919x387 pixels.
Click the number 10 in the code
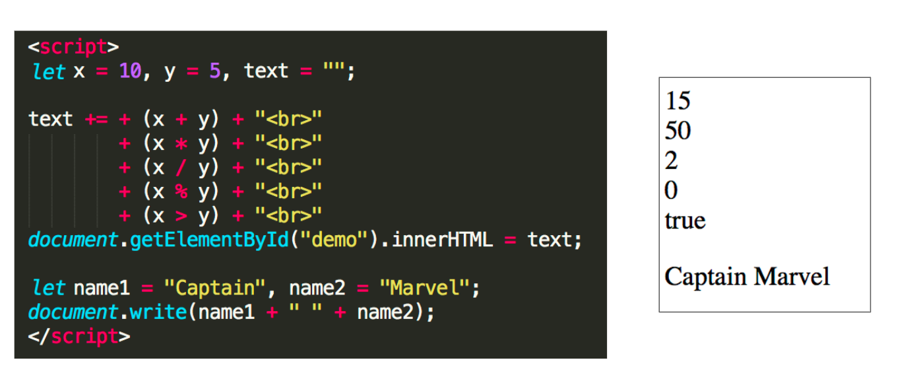pyautogui.click(x=130, y=71)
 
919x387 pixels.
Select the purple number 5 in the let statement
pyautogui.click(x=214, y=71)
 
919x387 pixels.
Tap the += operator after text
pyautogui.click(x=96, y=120)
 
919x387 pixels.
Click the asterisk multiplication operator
pyautogui.click(x=181, y=143)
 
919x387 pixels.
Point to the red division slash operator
pyautogui.click(x=181, y=168)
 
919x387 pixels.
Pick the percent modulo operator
pyautogui.click(x=181, y=192)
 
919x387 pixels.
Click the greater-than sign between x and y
pyautogui.click(x=181, y=215)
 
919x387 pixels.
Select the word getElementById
pyautogui.click(x=209, y=240)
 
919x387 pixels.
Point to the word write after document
pyautogui.click(x=158, y=312)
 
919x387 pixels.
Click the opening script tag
pyautogui.click(x=73, y=48)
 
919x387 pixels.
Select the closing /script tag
pyautogui.click(x=79, y=336)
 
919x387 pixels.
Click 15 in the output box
pyautogui.click(x=678, y=101)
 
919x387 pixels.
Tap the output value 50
pyautogui.click(x=678, y=131)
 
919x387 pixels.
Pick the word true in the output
pyautogui.click(x=685, y=221)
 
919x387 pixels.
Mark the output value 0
pyautogui.click(x=671, y=191)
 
